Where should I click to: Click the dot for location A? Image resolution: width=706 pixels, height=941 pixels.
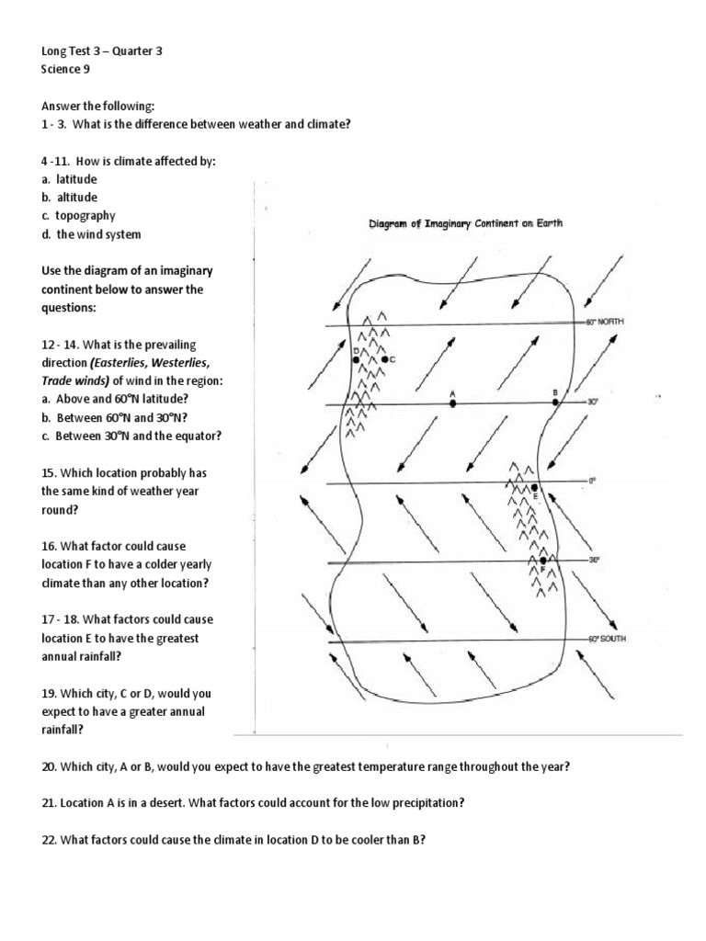pyautogui.click(x=452, y=402)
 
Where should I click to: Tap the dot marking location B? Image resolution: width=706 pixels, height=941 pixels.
pyautogui.click(x=555, y=402)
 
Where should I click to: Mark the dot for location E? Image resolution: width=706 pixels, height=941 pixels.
pyautogui.click(x=535, y=486)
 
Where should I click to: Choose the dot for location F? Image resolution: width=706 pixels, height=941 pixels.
pyautogui.click(x=544, y=560)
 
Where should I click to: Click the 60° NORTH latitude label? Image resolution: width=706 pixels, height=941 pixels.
pyautogui.click(x=606, y=322)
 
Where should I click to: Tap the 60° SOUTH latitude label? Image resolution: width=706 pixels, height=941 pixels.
pyautogui.click(x=607, y=638)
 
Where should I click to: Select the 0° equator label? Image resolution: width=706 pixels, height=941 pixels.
pyautogui.click(x=593, y=480)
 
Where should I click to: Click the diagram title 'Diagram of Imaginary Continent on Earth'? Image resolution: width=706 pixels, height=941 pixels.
pyautogui.click(x=466, y=223)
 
